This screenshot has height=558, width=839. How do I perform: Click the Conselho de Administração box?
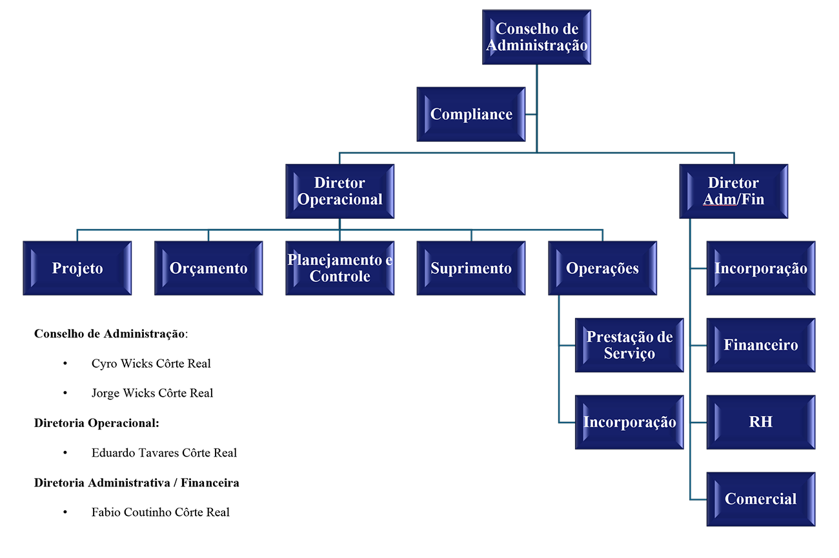click(x=537, y=37)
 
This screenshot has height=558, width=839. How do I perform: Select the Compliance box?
click(x=471, y=114)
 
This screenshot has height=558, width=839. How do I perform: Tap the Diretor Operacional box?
click(x=340, y=192)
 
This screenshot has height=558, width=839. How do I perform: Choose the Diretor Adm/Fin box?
click(x=734, y=192)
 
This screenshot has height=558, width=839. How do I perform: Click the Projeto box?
click(x=77, y=268)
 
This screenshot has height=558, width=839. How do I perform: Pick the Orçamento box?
click(x=208, y=268)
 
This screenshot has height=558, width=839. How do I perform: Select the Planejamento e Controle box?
click(x=340, y=268)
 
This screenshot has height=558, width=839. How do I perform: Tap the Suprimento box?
click(x=471, y=268)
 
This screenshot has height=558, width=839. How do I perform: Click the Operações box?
click(x=602, y=268)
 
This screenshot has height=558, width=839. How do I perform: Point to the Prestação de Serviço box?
click(x=629, y=345)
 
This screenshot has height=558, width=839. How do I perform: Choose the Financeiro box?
click(x=761, y=345)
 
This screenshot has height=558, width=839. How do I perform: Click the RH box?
click(x=761, y=422)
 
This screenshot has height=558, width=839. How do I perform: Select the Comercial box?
click(x=761, y=499)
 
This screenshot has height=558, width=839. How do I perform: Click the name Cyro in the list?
click(x=105, y=364)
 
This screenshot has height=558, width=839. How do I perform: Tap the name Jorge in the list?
click(x=106, y=394)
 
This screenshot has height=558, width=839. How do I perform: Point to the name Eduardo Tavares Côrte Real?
click(x=164, y=453)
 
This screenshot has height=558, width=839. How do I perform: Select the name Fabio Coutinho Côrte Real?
click(x=160, y=512)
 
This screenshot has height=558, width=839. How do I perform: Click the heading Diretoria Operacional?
click(x=96, y=423)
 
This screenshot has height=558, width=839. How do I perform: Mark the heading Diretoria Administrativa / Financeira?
click(x=136, y=483)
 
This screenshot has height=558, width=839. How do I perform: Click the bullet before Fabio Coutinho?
click(x=65, y=512)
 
